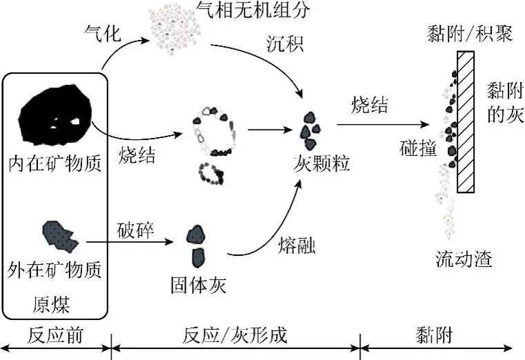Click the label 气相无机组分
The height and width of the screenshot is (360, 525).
(253, 10)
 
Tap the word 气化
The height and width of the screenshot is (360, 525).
(103, 34)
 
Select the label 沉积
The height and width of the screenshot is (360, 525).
(286, 43)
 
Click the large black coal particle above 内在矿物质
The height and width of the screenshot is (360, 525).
(56, 114)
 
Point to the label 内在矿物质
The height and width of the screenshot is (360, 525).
(55, 163)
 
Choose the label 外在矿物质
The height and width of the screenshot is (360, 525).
(55, 270)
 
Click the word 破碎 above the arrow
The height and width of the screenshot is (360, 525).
(135, 230)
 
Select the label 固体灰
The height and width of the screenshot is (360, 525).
(199, 285)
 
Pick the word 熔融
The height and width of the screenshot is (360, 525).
(297, 246)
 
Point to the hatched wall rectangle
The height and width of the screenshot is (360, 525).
(466, 122)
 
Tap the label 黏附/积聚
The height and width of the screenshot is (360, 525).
(470, 34)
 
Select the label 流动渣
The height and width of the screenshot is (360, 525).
(464, 259)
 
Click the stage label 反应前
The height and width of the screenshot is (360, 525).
(55, 335)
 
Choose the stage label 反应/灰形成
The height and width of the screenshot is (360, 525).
(235, 335)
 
